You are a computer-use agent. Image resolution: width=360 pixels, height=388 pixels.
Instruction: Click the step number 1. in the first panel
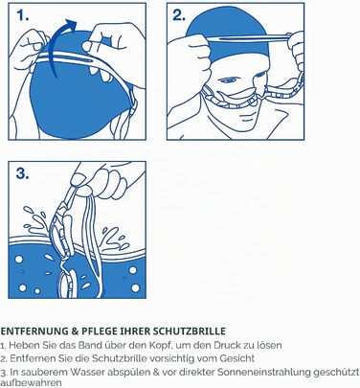click(x=23, y=15)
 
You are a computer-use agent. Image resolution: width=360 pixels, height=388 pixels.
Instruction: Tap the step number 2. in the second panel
click(x=179, y=15)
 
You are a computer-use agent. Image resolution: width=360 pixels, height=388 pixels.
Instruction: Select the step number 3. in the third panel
click(x=23, y=173)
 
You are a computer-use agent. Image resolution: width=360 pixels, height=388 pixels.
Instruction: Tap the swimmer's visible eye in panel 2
click(x=227, y=80)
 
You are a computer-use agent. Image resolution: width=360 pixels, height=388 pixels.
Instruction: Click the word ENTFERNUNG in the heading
click(x=34, y=331)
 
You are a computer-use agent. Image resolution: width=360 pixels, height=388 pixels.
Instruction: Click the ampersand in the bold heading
click(x=75, y=331)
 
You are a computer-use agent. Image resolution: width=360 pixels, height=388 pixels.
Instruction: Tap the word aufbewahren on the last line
click(x=31, y=382)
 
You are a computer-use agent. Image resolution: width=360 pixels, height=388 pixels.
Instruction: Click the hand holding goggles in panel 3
click(x=105, y=179)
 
